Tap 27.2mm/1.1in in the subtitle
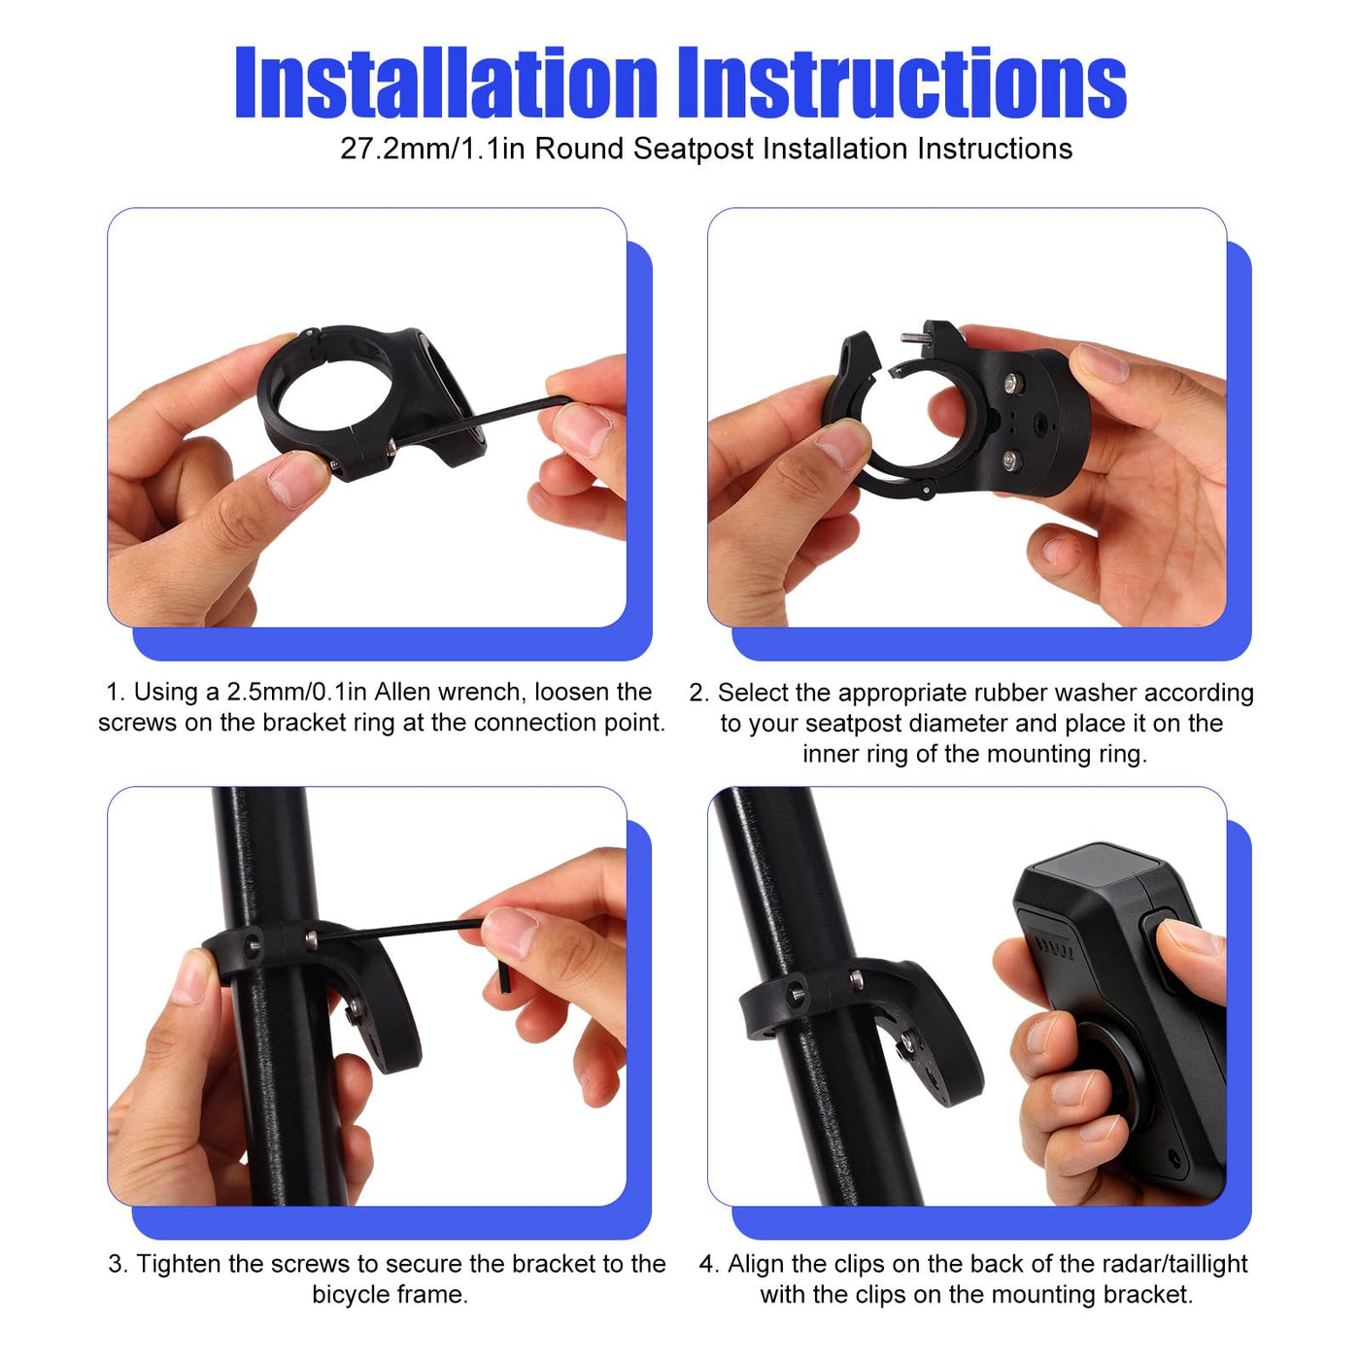coord(433,149)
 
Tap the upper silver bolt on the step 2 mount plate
coord(1013,383)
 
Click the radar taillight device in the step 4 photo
coord(1122,1020)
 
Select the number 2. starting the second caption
coord(699,693)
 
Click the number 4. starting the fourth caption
coord(709,1263)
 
